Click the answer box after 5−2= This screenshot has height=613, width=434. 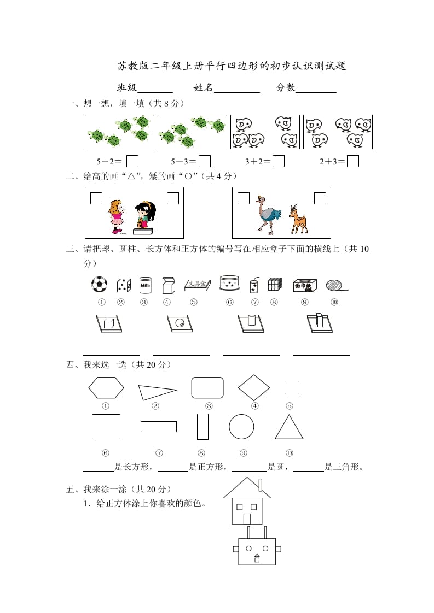[x=132, y=161]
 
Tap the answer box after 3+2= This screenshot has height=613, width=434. [x=279, y=161]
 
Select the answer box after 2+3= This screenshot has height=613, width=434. [x=353, y=161]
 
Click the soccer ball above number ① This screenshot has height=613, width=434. [x=99, y=284]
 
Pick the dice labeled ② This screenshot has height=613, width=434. [x=124, y=285]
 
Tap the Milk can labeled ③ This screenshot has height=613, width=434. [x=145, y=285]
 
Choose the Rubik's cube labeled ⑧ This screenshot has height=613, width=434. [x=274, y=284]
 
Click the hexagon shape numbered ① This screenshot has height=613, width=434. [x=106, y=388]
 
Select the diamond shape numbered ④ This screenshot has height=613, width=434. [x=254, y=387]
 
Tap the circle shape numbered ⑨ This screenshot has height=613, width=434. [x=241, y=426]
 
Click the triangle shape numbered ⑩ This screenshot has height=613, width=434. [x=289, y=427]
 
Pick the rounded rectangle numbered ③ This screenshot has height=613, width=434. [x=207, y=387]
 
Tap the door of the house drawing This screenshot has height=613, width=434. [x=247, y=519]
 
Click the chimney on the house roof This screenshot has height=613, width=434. [x=261, y=485]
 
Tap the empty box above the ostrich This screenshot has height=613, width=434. [x=244, y=198]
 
